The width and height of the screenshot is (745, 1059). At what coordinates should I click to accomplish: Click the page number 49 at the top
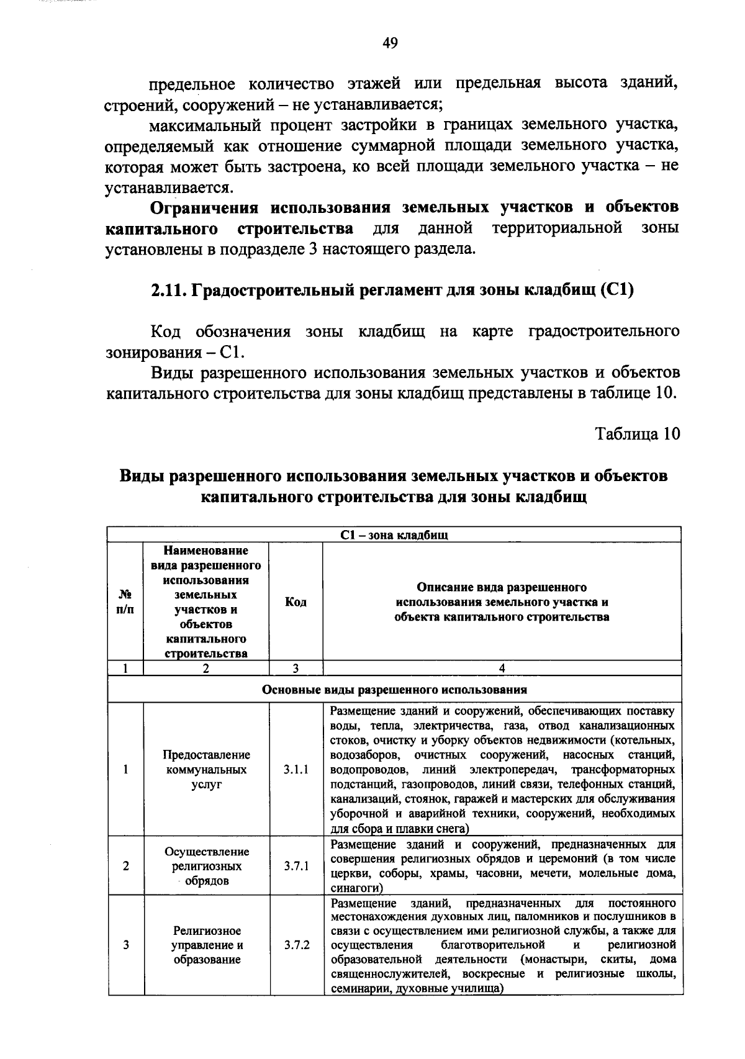390,43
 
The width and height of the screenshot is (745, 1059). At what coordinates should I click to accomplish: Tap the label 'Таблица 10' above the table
638,433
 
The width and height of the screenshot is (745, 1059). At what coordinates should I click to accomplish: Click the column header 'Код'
296,602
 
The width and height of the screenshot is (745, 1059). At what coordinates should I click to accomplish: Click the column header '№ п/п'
125,602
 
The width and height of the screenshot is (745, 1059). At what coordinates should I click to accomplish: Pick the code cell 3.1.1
296,770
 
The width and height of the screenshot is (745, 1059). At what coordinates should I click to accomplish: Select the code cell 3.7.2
296,945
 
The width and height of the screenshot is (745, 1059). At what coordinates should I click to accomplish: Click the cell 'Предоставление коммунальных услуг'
206,770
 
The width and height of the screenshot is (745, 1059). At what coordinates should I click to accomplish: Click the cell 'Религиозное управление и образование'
206,945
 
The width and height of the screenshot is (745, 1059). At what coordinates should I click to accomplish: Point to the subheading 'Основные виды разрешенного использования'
394,690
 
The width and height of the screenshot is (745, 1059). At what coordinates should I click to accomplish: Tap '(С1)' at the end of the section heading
616,291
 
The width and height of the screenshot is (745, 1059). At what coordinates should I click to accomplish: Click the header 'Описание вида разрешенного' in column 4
502,587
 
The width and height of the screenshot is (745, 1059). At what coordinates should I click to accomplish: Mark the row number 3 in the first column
125,945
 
